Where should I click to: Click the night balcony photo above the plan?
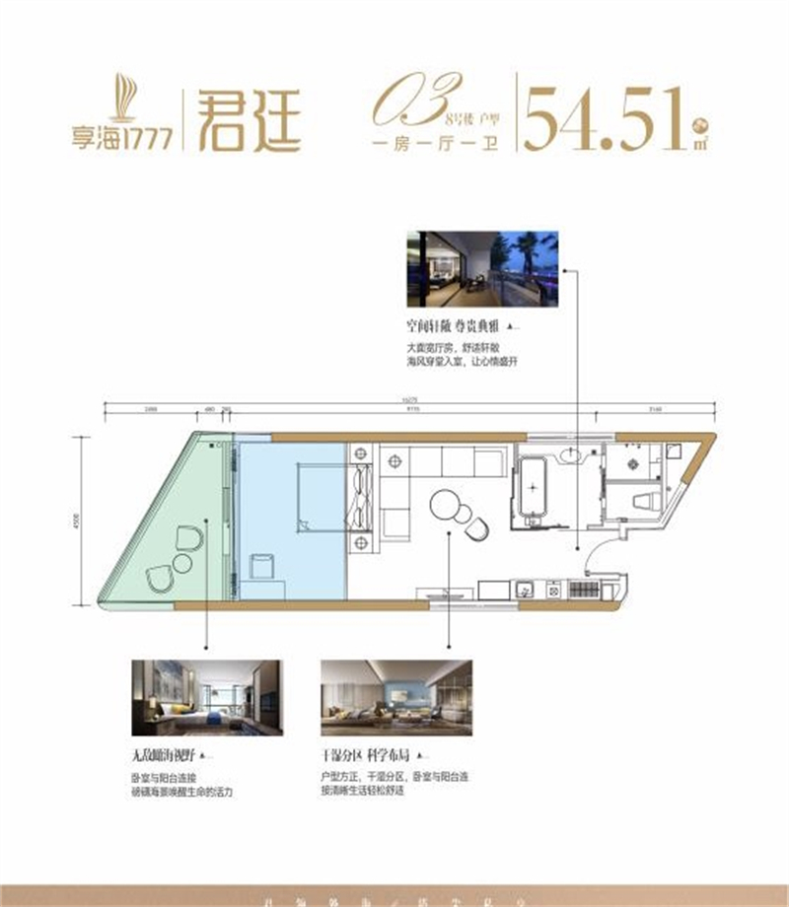(482, 269)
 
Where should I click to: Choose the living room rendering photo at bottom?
(396, 699)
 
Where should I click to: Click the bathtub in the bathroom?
(533, 486)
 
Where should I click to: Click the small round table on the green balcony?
(183, 564)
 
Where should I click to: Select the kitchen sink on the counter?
(525, 590)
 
